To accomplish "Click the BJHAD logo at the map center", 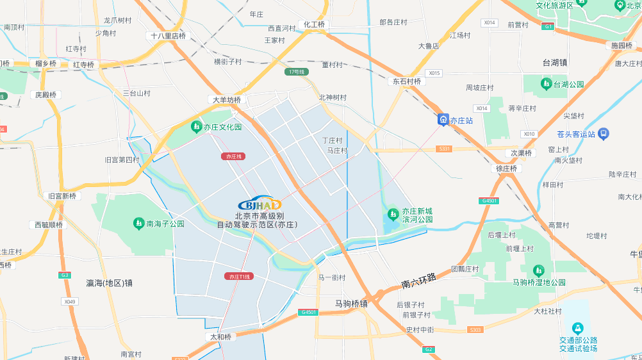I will (x=259, y=204).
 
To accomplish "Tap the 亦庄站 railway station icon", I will (x=442, y=120).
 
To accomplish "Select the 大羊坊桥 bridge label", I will (x=227, y=100).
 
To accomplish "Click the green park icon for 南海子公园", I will (x=138, y=224).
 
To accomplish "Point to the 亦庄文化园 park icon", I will (x=196, y=127).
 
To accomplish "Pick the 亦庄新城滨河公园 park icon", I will (x=394, y=212).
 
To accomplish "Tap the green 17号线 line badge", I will (x=297, y=72).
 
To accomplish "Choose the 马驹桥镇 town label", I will (x=351, y=304).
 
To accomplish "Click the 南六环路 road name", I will (x=419, y=280).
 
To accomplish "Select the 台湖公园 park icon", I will (x=546, y=84).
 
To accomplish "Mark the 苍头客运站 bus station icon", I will (x=604, y=134).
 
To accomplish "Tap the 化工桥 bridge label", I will (x=314, y=24).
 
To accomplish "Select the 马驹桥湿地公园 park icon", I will (x=538, y=270).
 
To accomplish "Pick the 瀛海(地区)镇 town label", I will (x=109, y=282).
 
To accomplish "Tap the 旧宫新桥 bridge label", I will (x=62, y=196).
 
